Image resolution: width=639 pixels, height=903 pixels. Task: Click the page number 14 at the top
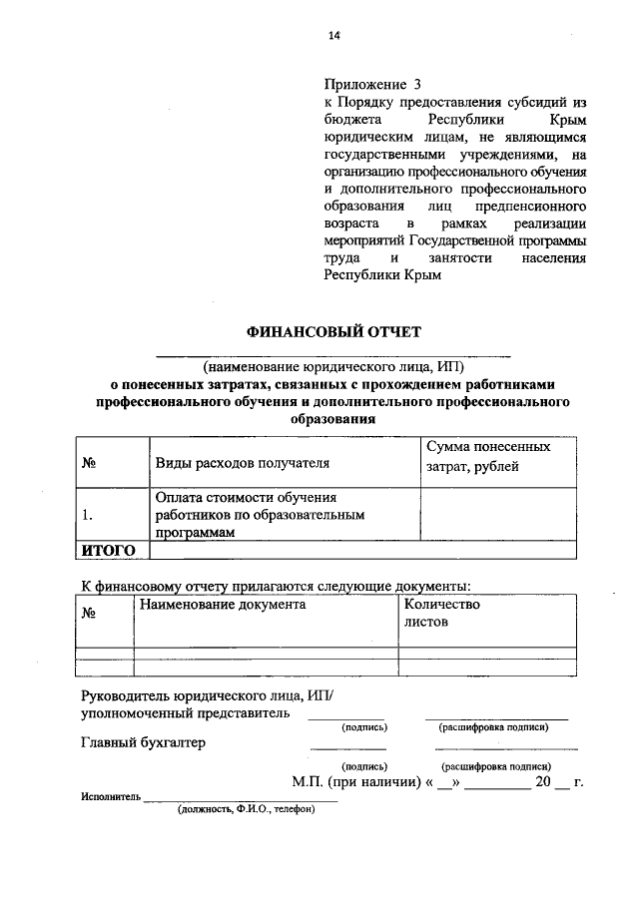pos(334,37)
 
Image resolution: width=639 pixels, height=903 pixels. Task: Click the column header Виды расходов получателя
pos(242,463)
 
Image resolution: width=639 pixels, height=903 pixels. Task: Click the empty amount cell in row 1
pos(497,515)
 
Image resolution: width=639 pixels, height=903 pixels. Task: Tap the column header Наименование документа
pos(223,605)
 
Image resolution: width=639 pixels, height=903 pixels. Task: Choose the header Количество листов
pos(441,613)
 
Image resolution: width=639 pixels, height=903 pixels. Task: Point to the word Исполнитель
pos(110,798)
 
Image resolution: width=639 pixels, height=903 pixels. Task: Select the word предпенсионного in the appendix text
pos(533,205)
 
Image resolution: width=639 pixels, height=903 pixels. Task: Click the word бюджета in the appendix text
pos(348,119)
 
